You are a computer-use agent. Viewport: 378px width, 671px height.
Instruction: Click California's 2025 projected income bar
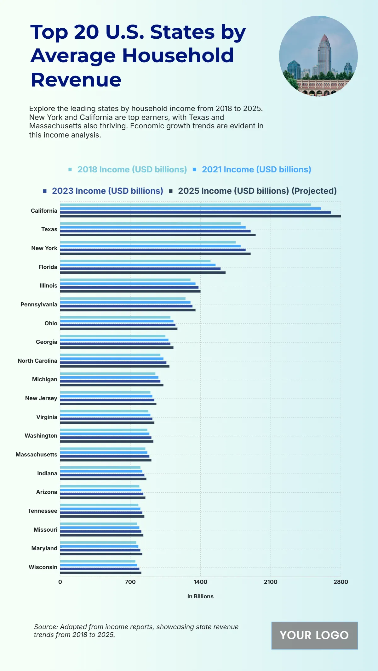[x=200, y=216]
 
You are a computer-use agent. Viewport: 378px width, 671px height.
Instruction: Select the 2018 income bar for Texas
[x=150, y=223]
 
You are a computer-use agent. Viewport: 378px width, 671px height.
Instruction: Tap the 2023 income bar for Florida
[x=140, y=269]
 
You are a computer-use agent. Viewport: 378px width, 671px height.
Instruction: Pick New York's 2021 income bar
[x=150, y=246]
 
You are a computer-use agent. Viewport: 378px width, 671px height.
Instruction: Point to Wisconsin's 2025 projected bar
[x=101, y=573]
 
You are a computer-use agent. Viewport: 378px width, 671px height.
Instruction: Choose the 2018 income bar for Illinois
[x=125, y=280]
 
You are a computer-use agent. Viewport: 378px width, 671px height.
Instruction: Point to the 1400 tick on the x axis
[x=200, y=582]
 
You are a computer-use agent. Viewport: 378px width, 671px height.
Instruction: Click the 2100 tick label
[x=271, y=582]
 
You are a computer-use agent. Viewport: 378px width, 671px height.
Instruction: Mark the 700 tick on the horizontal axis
[x=130, y=582]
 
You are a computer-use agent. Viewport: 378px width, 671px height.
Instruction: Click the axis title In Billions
[x=200, y=596]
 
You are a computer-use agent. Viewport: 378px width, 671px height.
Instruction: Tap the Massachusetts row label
[x=37, y=455]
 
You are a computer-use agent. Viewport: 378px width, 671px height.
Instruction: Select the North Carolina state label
[x=37, y=361]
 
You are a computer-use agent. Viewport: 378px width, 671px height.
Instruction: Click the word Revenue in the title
[x=76, y=80]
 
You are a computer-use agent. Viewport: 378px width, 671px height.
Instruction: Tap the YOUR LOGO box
[x=314, y=635]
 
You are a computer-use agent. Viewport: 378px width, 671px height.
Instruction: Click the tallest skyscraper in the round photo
[x=324, y=55]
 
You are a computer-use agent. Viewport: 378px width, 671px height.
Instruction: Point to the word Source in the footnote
[x=46, y=627]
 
